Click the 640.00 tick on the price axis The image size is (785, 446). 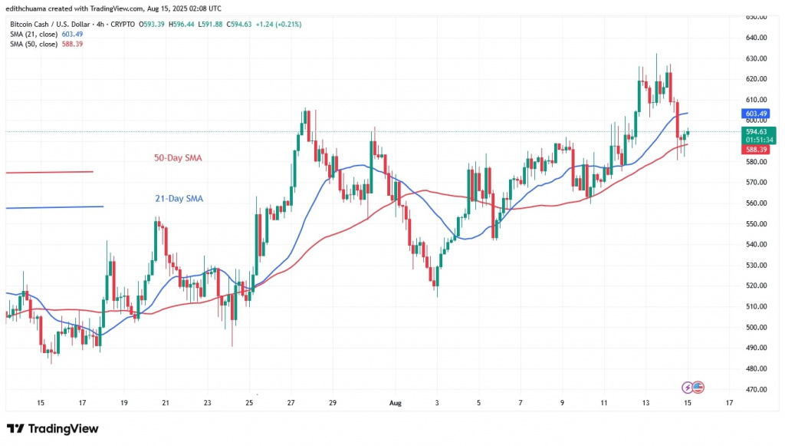pyautogui.click(x=757, y=38)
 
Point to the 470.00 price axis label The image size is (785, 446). pyautogui.click(x=757, y=389)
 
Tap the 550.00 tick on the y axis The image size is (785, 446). pyautogui.click(x=757, y=223)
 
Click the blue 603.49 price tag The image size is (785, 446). pyautogui.click(x=756, y=114)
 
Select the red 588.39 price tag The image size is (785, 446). pyautogui.click(x=756, y=150)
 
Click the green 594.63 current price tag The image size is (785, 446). pyautogui.click(x=756, y=131)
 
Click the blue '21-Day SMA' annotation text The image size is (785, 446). pyautogui.click(x=179, y=199)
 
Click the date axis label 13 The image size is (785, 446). pyautogui.click(x=645, y=401)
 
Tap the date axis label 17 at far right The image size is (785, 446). pyautogui.click(x=728, y=401)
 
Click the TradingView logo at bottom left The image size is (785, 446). pyautogui.click(x=52, y=428)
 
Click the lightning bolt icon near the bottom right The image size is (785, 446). pyautogui.click(x=687, y=387)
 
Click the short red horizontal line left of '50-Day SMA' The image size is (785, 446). pyautogui.click(x=49, y=171)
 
